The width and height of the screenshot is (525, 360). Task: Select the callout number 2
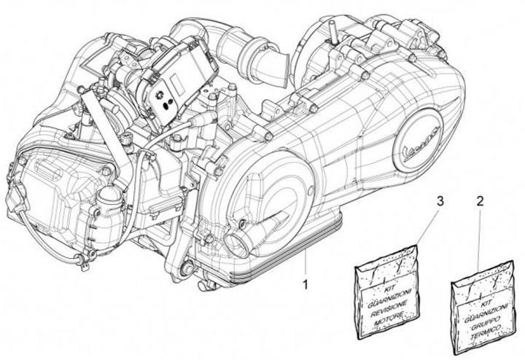point(479,200)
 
